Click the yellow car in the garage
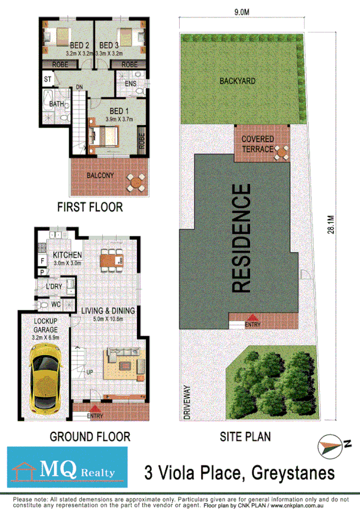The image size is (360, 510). (44, 380)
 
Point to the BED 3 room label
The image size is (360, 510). (110, 46)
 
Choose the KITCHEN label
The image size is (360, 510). (67, 255)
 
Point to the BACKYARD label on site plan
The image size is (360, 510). (237, 80)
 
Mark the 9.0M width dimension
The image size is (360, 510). (242, 10)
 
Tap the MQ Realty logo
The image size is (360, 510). (67, 466)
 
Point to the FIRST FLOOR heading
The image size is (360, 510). (90, 207)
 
